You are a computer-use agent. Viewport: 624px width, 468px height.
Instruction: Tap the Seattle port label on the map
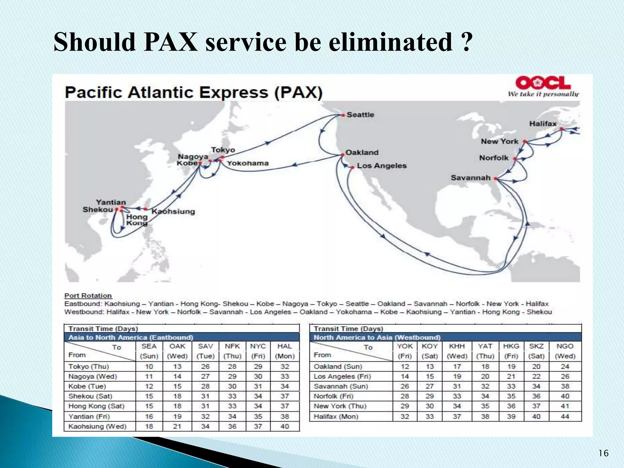[360, 115]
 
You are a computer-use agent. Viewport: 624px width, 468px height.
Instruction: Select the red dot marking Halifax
[561, 129]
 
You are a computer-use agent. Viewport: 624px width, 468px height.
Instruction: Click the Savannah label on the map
[470, 178]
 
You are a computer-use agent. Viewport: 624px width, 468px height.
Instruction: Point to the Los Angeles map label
[381, 166]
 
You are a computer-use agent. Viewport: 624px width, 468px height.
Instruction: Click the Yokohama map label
[247, 163]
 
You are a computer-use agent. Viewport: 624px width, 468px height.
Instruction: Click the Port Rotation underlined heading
[88, 296]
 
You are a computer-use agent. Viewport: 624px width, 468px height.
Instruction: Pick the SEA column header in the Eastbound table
[149, 346]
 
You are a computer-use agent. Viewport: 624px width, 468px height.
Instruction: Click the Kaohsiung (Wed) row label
[97, 426]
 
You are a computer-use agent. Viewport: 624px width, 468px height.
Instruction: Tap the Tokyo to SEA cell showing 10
[149, 367]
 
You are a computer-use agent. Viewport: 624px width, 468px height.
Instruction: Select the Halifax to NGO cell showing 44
[565, 417]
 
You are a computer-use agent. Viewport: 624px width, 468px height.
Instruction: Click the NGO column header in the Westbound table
[565, 346]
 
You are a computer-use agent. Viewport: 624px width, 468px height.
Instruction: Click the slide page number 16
[603, 453]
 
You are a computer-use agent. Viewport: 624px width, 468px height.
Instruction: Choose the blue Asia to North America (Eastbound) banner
[182, 337]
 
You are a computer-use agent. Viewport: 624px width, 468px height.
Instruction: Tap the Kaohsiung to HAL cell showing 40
[284, 426]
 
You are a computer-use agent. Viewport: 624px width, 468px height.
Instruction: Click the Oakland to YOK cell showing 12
[404, 367]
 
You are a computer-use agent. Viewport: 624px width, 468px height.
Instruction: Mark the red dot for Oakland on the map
[342, 154]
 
